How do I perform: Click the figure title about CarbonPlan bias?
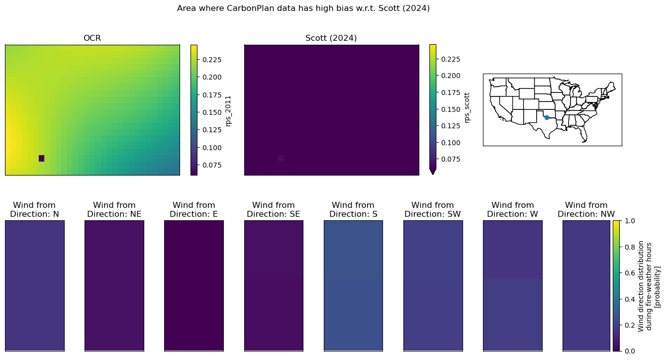(x=303, y=8)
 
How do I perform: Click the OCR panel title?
(x=92, y=38)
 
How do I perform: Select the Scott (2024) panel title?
(x=331, y=38)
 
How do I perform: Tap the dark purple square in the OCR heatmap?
(x=42, y=159)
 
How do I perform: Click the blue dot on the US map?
(x=547, y=118)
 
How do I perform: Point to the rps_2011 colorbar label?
(x=228, y=111)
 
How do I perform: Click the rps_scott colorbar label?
(x=467, y=107)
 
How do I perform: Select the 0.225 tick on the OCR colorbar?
(x=212, y=60)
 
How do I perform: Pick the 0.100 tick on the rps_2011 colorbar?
(x=212, y=148)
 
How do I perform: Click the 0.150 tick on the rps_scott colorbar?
(x=451, y=109)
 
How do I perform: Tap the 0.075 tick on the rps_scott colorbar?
(x=451, y=159)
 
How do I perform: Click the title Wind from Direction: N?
(x=34, y=209)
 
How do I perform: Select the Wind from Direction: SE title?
(x=274, y=209)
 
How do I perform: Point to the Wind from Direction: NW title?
(x=586, y=209)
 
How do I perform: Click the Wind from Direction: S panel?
(x=353, y=286)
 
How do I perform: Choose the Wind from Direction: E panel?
(x=194, y=286)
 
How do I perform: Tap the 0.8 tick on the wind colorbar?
(x=630, y=247)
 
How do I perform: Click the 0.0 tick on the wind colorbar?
(x=630, y=351)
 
